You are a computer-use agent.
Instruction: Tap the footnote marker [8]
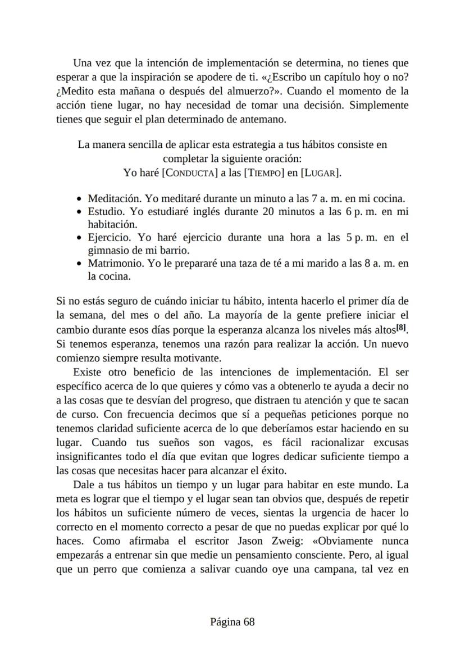[400, 327]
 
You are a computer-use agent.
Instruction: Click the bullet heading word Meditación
[115, 198]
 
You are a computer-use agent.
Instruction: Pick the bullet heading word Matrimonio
[115, 264]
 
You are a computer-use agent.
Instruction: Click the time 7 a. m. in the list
[329, 198]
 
